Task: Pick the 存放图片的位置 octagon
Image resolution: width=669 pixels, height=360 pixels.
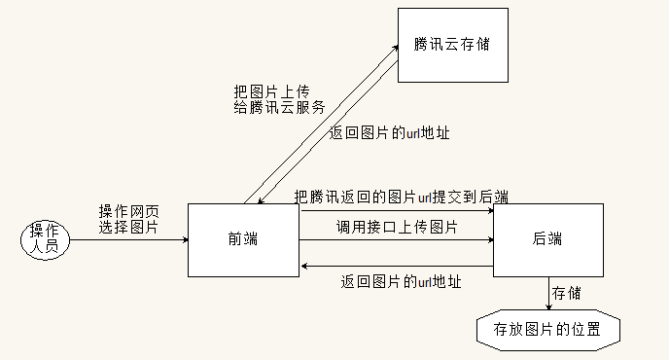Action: (548, 328)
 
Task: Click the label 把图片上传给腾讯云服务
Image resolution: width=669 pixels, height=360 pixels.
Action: (279, 99)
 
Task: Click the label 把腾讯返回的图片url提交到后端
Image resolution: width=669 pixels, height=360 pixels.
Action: (402, 197)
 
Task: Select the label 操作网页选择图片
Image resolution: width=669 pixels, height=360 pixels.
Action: (129, 219)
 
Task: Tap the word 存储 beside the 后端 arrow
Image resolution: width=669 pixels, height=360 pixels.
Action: (568, 292)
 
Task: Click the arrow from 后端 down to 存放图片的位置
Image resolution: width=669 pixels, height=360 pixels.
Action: (548, 293)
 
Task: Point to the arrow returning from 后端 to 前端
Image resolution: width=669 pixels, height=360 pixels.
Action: (397, 265)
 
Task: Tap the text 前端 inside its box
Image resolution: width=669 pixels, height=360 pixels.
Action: (243, 238)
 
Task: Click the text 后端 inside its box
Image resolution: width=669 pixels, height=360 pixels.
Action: (548, 238)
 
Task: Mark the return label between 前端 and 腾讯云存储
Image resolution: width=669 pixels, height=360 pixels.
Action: (389, 132)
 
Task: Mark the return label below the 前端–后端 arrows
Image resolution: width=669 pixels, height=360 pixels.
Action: (401, 282)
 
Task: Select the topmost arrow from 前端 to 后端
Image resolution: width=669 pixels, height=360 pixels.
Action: (397, 209)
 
